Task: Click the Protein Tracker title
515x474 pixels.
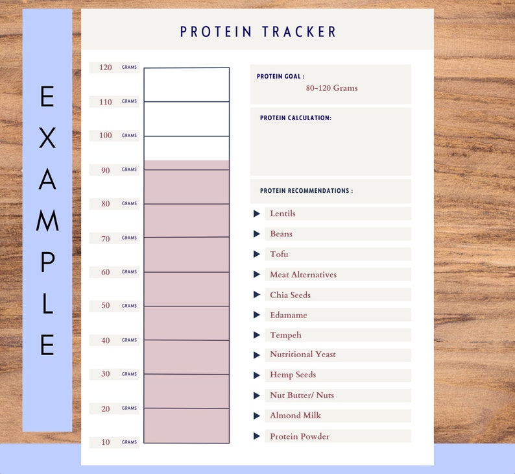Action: (258, 31)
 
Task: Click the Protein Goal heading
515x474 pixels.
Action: (280, 77)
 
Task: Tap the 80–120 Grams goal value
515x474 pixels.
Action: (331, 88)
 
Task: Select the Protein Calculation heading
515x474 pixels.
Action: (295, 118)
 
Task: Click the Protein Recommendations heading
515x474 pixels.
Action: (306, 192)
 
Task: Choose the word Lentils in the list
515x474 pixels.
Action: (283, 214)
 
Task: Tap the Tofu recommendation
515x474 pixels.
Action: (279, 254)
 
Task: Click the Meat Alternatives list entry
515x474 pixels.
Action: (303, 275)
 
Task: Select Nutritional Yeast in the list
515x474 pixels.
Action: (303, 355)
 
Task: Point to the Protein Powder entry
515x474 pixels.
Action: (300, 436)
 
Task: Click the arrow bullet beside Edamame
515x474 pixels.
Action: (257, 315)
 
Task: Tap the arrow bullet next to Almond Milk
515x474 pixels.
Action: (257, 416)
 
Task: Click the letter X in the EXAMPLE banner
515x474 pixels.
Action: (47, 138)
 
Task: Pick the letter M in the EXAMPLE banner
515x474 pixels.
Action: (47, 221)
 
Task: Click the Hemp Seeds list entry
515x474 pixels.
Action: (293, 375)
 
